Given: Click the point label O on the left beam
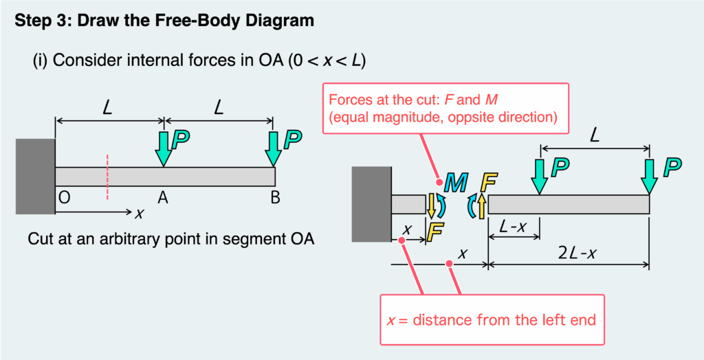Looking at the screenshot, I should point(64,198).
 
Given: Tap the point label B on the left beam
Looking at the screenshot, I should point(275,198).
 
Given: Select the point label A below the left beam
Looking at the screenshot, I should point(163,198).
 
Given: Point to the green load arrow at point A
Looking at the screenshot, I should point(163,148).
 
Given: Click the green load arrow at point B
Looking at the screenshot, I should point(274,148).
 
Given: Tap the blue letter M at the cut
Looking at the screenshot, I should point(455,182).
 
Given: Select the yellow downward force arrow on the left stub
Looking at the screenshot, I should point(432,205).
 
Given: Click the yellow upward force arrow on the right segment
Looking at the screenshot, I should point(482,204).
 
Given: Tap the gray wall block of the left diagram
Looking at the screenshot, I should point(35,177).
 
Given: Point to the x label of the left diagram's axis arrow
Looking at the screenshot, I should point(139,212).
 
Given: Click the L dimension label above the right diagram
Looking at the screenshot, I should point(595,137).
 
